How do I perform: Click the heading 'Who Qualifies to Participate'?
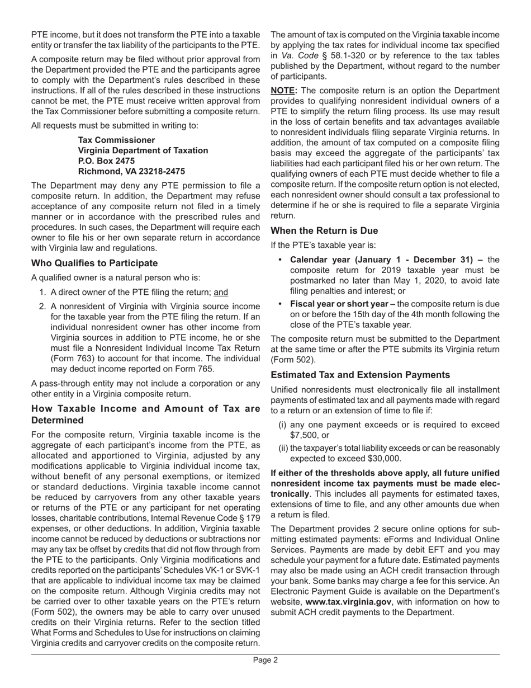point(94,263)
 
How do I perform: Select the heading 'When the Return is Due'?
point(324,230)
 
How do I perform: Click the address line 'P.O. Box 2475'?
point(106,161)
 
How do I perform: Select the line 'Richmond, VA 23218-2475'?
point(131,172)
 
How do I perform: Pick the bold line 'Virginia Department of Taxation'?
point(143,150)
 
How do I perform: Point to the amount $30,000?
point(383,458)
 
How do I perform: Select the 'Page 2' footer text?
point(265,660)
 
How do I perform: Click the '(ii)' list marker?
point(283,447)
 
